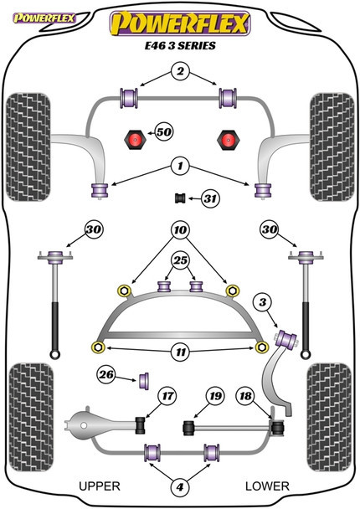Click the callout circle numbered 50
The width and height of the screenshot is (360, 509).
point(164,132)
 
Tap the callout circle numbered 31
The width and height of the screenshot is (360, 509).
point(210,198)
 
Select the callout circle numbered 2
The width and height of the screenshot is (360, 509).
point(180,71)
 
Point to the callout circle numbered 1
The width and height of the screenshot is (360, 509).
point(180,167)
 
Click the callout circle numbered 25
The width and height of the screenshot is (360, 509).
point(181,260)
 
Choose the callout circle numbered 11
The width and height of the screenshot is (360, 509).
point(181,352)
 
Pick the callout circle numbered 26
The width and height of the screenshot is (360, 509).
point(106,375)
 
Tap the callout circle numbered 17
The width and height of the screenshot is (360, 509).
point(167,396)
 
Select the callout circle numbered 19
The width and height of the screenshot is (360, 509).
point(215,396)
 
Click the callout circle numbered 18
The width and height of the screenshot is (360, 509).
point(246,396)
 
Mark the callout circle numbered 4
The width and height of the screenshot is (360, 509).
point(180,486)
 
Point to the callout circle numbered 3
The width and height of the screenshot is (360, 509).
point(263,302)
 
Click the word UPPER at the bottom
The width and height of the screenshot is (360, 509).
point(100,486)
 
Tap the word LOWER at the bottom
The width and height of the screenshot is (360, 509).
point(267,486)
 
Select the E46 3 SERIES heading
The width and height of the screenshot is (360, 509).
point(180,45)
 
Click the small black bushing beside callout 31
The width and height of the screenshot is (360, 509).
point(180,198)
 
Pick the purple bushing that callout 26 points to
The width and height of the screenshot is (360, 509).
point(144,381)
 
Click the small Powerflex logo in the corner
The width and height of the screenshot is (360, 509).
point(44,18)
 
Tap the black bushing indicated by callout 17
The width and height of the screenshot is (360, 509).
point(141,425)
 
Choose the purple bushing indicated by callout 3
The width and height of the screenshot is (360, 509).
point(286,338)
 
